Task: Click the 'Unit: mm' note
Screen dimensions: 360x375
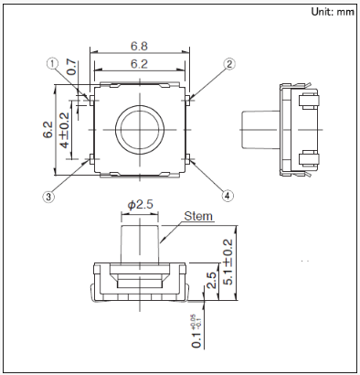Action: click(x=333, y=12)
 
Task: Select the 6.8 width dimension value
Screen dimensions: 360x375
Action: click(x=139, y=47)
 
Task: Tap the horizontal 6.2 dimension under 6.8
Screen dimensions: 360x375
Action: click(x=139, y=64)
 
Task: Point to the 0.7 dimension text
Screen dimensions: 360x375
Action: click(x=71, y=67)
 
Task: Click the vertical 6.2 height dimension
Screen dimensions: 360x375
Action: click(x=48, y=130)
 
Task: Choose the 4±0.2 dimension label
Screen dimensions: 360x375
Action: click(x=65, y=130)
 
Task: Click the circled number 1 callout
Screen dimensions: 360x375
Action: click(x=52, y=64)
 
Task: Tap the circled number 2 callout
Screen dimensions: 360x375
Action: click(x=229, y=64)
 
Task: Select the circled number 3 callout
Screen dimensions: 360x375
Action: click(x=48, y=197)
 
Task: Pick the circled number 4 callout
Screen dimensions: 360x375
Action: click(x=228, y=196)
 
